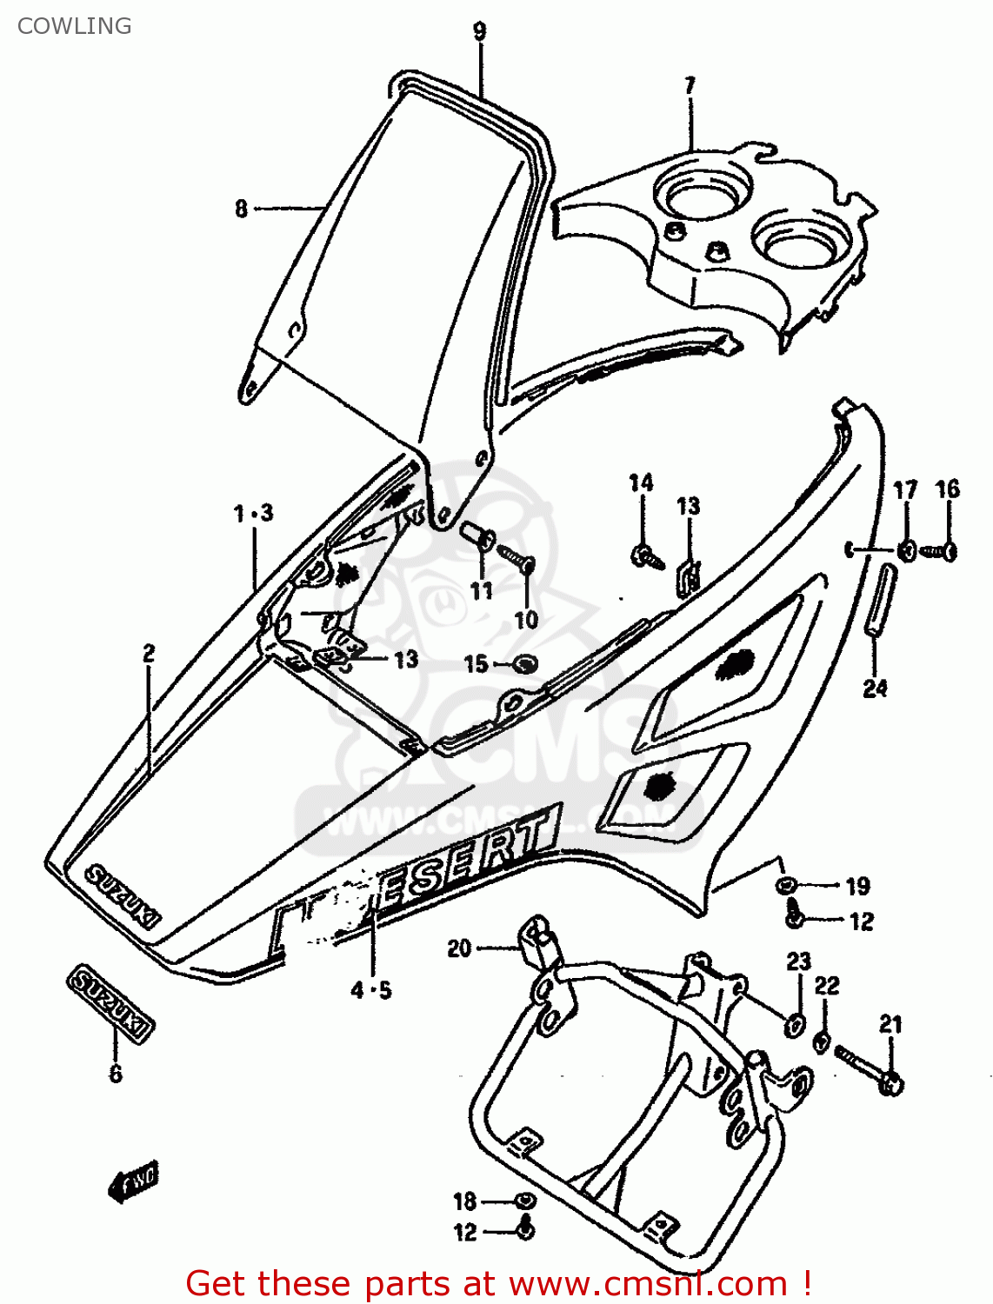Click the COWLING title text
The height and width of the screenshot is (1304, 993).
(x=75, y=26)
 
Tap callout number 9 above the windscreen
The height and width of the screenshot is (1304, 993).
(x=480, y=32)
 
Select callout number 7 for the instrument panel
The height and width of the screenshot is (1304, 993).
(x=690, y=86)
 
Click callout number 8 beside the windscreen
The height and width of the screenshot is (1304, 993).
(x=241, y=209)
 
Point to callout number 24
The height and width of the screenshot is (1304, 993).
(x=875, y=689)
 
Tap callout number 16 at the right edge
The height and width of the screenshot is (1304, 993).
(x=948, y=489)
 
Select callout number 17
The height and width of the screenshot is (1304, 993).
(x=905, y=490)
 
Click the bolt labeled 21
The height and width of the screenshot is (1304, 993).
(x=870, y=1069)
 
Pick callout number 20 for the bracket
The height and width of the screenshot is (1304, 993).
(x=459, y=948)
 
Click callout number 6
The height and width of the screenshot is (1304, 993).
(x=116, y=1074)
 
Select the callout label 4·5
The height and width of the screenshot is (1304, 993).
(x=371, y=990)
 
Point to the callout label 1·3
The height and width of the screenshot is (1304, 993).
(x=253, y=514)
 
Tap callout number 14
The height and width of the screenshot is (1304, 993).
(x=641, y=483)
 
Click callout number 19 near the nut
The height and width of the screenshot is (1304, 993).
(x=857, y=886)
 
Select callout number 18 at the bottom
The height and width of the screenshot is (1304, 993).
(x=465, y=1201)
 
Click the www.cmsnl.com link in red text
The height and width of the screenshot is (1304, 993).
(x=648, y=1283)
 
